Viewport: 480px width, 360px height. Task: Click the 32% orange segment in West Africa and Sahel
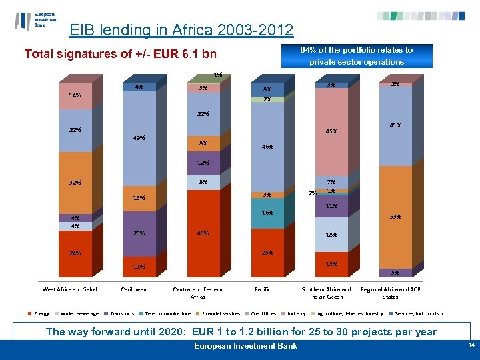[x=75, y=183]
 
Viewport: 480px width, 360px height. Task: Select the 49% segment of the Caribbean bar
[x=139, y=139]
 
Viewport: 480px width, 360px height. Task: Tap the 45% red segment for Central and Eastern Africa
[x=203, y=233]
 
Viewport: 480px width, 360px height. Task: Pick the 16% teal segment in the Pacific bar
[x=267, y=213]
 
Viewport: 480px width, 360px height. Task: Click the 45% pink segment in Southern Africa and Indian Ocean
[x=331, y=131]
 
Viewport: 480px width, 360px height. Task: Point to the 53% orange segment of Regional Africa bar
[x=395, y=217]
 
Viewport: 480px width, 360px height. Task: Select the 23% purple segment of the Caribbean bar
[x=139, y=233]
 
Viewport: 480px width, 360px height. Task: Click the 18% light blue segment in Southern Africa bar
[x=331, y=235]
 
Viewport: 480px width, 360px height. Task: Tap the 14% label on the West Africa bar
[x=75, y=95]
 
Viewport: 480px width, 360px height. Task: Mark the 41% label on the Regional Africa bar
[x=395, y=125]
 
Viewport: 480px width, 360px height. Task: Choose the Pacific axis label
[x=263, y=289]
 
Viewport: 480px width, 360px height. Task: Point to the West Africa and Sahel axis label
[x=70, y=289]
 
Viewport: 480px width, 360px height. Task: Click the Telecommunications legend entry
[x=167, y=313]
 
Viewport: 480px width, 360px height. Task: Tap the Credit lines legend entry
[x=264, y=313]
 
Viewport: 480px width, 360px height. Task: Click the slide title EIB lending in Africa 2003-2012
[x=181, y=30]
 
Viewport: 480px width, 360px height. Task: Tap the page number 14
[x=471, y=345]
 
